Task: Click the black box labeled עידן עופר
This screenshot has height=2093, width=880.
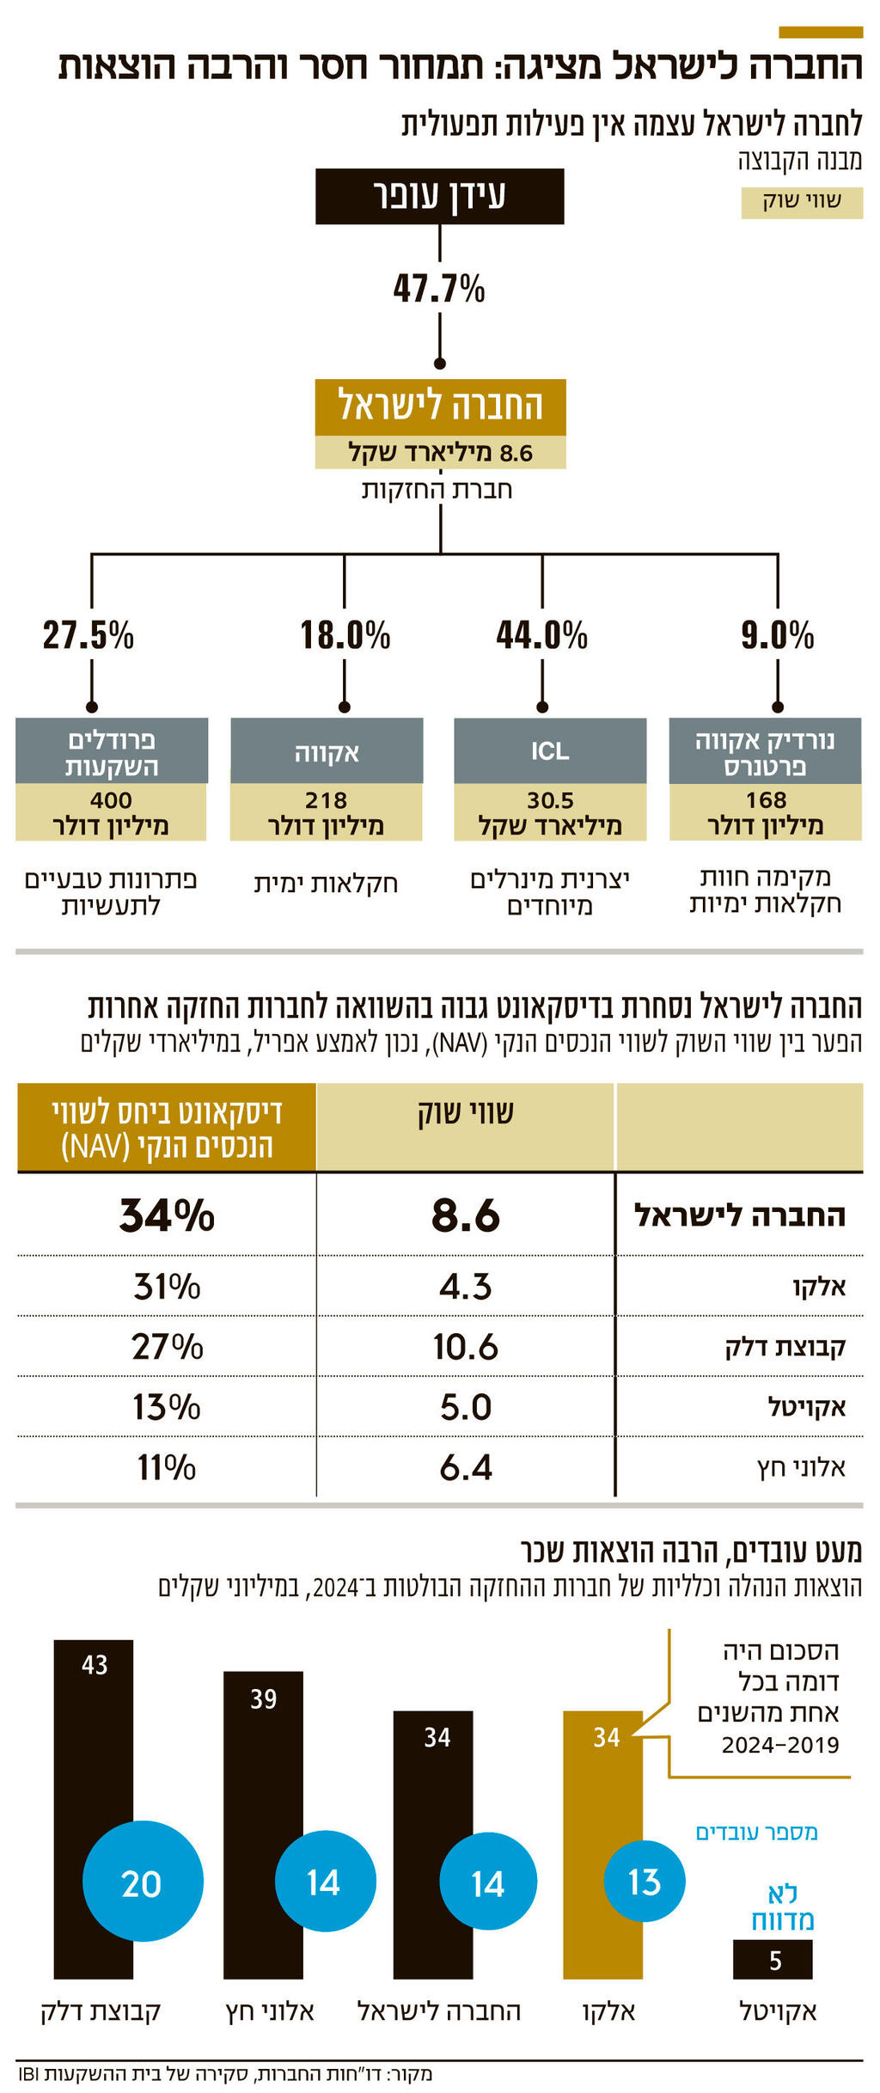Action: coord(439,196)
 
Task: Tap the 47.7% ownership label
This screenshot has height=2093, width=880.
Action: coord(439,289)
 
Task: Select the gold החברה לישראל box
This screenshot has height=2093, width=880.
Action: coord(440,406)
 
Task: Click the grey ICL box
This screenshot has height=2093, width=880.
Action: coord(550,750)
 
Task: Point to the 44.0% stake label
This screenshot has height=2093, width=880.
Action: coord(541,636)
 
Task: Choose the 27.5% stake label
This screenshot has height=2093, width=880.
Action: coord(89,636)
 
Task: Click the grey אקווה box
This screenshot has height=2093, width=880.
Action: coord(327,750)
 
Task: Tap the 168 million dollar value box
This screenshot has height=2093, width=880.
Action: coord(765,812)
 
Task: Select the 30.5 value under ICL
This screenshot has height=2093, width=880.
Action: coord(550,812)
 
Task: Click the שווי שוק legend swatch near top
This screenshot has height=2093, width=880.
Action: coord(802,202)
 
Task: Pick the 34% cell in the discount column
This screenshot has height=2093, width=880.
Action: coord(167,1215)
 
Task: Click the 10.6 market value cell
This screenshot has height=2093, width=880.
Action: coord(465,1347)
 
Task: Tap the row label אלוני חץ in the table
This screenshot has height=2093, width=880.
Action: coord(801,1467)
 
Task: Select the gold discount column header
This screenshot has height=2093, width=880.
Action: coord(167,1127)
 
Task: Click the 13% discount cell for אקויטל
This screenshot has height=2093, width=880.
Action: coord(167,1407)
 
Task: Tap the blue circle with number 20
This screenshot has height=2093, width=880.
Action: coord(143,1883)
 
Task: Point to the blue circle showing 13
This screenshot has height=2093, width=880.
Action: coord(645,1882)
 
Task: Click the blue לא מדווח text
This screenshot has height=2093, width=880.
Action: coord(782,1906)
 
